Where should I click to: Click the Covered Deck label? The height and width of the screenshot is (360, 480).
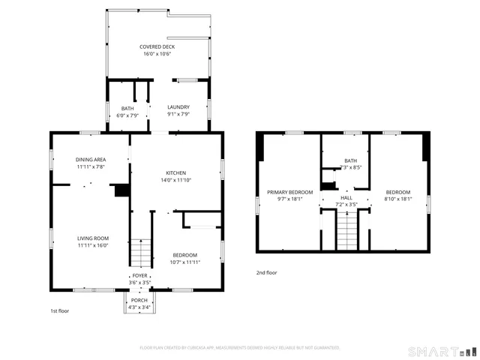[x=157, y=46]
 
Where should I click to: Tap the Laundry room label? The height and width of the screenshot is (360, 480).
[x=178, y=107]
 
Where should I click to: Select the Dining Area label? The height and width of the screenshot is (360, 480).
[x=90, y=159]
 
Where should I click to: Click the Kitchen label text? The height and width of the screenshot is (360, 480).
[x=175, y=172]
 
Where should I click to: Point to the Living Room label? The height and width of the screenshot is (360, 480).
[x=93, y=238]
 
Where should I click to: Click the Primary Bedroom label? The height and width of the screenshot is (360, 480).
[x=289, y=193]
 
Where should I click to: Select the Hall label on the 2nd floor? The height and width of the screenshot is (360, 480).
[x=346, y=197]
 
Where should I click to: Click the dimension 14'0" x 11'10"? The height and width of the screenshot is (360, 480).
[x=175, y=180]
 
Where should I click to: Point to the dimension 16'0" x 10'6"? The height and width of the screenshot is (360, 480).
[x=157, y=54]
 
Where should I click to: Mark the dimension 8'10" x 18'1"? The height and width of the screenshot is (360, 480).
[x=398, y=199]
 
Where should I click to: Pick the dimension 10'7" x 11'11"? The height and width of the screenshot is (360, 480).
[x=184, y=262]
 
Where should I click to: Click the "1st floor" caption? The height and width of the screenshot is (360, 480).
[x=59, y=310]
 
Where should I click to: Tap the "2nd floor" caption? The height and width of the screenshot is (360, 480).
[x=266, y=272]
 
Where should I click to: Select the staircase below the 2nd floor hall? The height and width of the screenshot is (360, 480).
[x=346, y=230]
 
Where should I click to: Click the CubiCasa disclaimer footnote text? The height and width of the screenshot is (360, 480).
[x=240, y=347]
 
